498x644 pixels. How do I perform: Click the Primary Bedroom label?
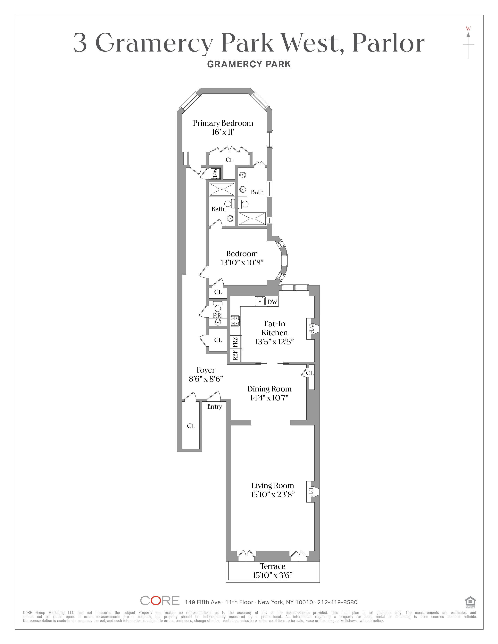tap(223, 123)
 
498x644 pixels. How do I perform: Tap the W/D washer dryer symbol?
tap(215, 174)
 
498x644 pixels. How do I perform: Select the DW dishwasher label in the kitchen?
tap(272, 302)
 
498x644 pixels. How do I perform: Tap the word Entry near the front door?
tap(214, 407)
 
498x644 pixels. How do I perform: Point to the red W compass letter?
tap(468, 29)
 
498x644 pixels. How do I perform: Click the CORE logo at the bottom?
tap(160, 601)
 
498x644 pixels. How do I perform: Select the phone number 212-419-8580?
tap(337, 602)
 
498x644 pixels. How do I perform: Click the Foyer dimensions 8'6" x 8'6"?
tap(206, 379)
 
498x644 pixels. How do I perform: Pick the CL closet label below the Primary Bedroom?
tap(229, 160)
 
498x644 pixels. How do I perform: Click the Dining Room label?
tap(269, 389)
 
